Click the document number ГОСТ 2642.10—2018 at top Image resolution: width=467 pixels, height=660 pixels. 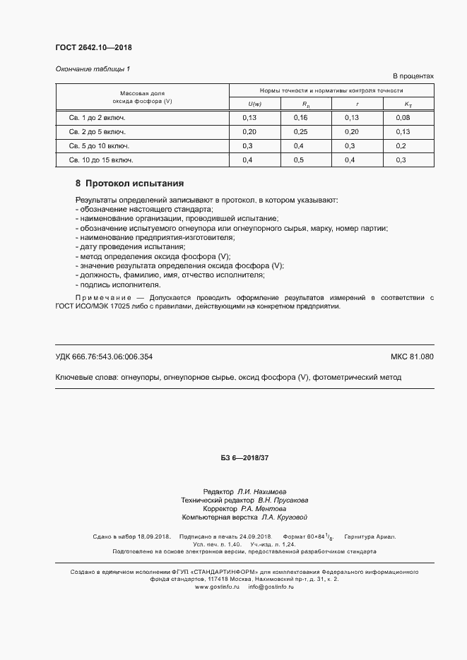[93, 48]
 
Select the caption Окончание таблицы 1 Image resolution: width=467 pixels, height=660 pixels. [93, 68]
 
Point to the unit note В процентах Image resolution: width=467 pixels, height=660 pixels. [413, 76]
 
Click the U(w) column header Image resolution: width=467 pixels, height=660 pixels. [254, 104]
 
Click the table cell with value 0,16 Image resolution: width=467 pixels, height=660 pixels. [301, 117]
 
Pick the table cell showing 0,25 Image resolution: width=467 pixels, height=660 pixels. [301, 131]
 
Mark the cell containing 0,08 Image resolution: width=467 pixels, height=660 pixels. [403, 117]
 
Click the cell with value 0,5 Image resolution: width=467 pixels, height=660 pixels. [299, 160]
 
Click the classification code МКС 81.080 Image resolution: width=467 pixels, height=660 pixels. [412, 356]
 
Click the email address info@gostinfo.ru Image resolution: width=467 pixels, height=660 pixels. [271, 587]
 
